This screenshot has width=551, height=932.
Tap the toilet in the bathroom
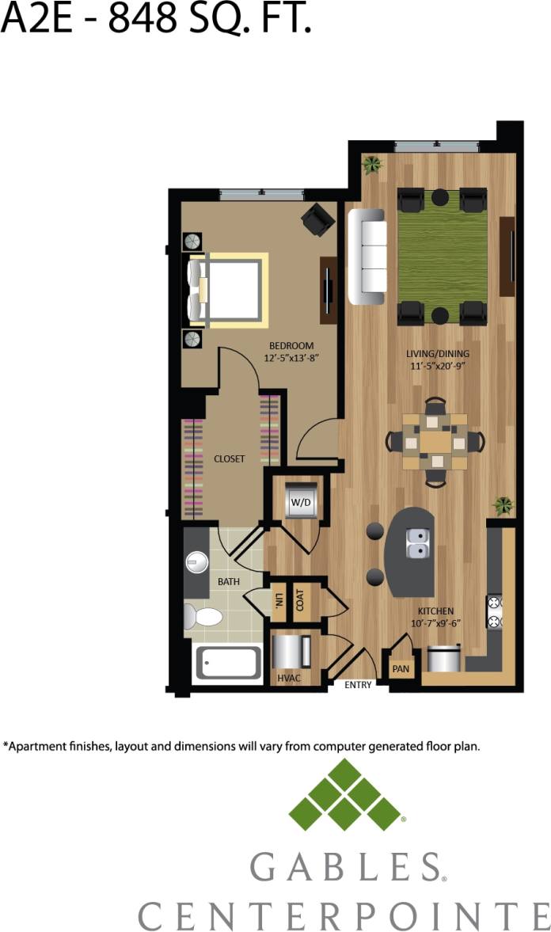click(199, 616)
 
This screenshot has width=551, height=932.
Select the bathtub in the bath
click(228, 663)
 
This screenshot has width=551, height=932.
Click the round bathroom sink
click(196, 563)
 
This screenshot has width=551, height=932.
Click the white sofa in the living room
click(367, 257)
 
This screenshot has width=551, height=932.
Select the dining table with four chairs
click(435, 442)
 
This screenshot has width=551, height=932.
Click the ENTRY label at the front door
click(358, 685)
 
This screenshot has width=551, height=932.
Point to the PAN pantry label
click(401, 670)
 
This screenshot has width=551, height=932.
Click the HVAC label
click(287, 679)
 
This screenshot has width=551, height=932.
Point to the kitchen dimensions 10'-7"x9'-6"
click(435, 622)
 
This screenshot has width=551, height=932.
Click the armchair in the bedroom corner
click(318, 219)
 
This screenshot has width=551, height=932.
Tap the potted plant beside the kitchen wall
click(502, 504)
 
